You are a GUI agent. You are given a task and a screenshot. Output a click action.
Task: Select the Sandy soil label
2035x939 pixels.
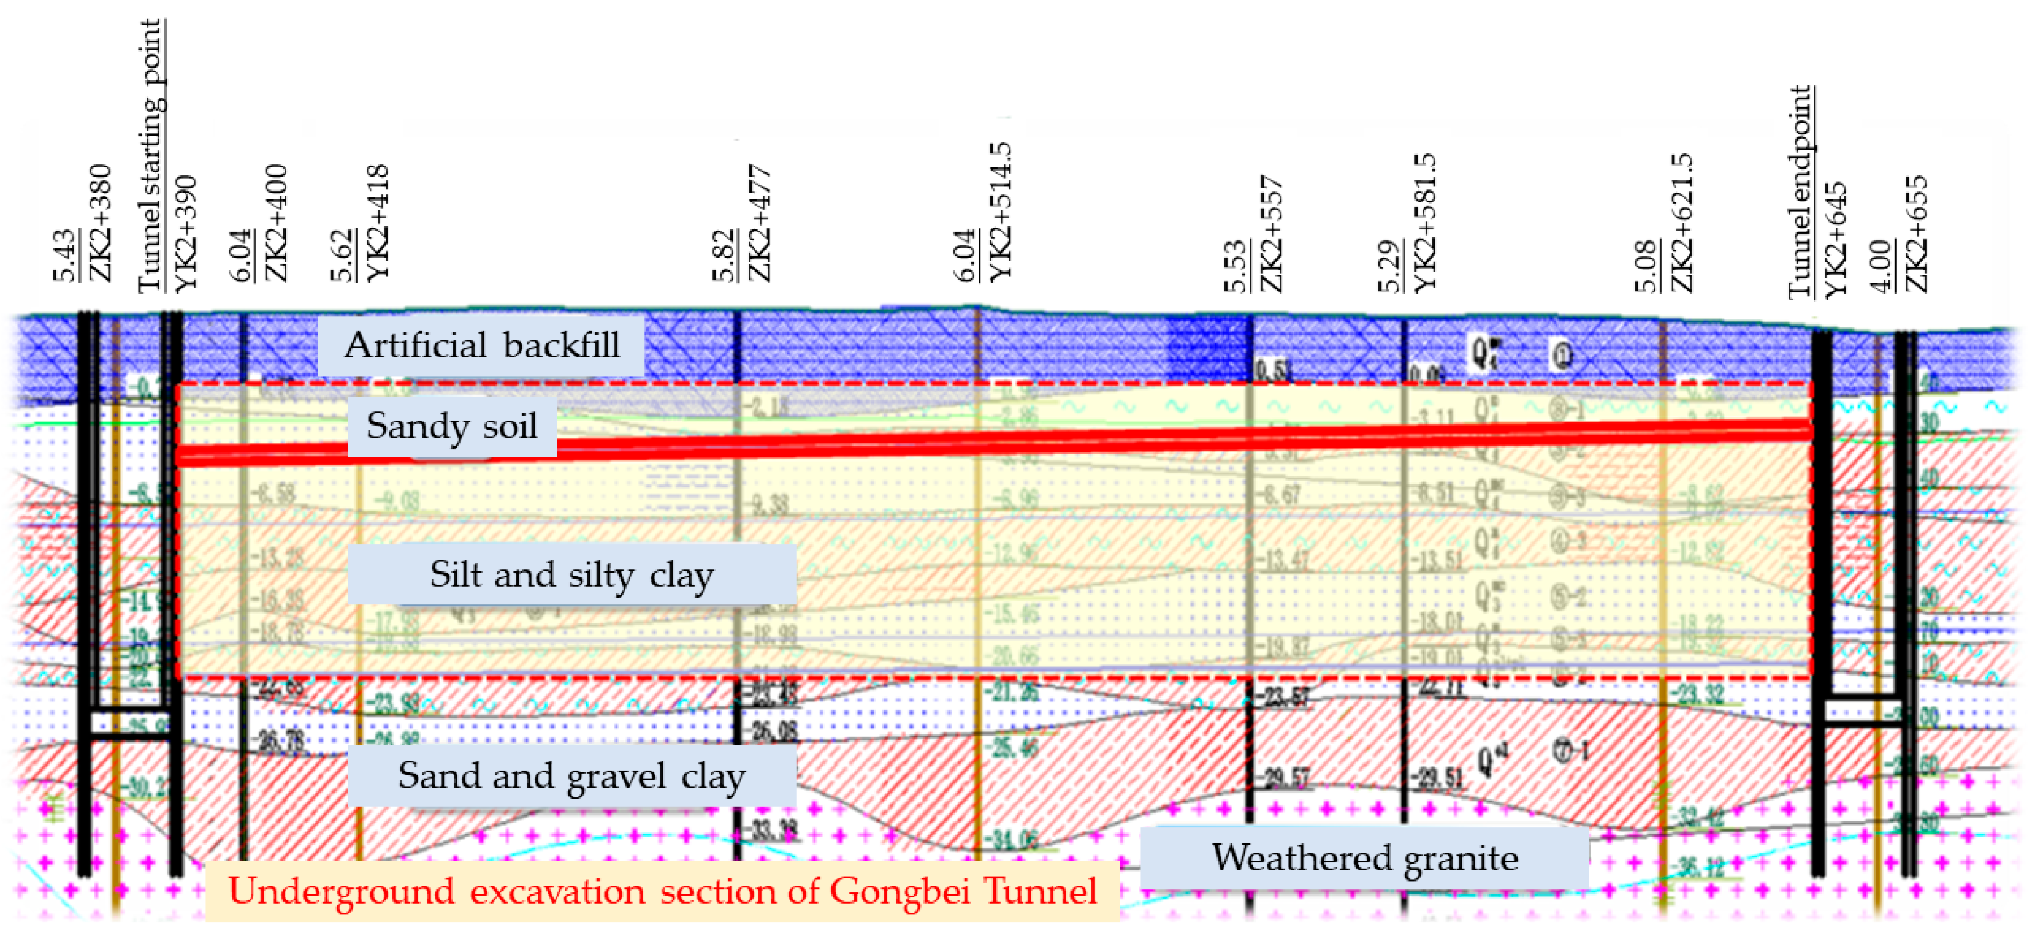click(x=452, y=427)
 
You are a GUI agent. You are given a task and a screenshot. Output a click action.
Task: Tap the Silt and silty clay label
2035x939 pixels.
click(x=571, y=574)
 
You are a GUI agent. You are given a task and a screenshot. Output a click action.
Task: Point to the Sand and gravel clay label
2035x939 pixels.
click(x=571, y=775)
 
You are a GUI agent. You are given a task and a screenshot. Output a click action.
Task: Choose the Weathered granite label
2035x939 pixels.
click(x=1365, y=857)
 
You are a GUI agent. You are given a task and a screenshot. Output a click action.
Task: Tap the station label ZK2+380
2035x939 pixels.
click(x=100, y=224)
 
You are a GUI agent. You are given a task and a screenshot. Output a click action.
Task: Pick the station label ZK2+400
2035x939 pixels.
click(x=276, y=224)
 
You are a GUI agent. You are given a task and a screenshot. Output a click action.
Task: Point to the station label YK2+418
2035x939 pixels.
click(x=377, y=224)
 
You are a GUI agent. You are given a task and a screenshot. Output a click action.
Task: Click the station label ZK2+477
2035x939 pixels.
click(x=759, y=224)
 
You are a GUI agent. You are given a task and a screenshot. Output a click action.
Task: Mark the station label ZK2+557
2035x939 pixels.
click(x=1271, y=234)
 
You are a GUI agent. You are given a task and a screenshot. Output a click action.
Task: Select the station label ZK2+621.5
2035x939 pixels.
click(x=1682, y=224)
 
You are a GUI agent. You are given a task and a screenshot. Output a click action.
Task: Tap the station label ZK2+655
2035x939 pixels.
click(x=1916, y=234)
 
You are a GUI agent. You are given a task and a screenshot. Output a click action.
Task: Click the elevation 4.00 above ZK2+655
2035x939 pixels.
click(x=1881, y=266)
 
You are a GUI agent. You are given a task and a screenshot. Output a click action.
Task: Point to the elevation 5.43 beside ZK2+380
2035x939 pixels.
click(x=65, y=255)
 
